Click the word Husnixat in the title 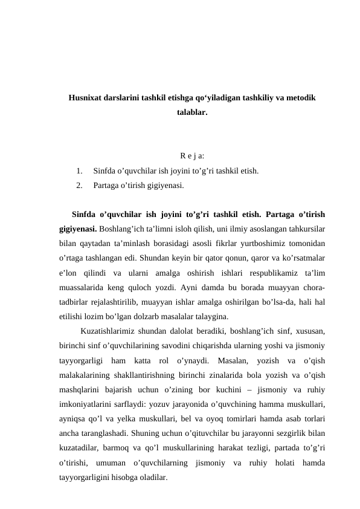pos(87,97)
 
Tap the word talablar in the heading pos(191,112)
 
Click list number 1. pos(79,171)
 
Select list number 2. pos(79,185)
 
